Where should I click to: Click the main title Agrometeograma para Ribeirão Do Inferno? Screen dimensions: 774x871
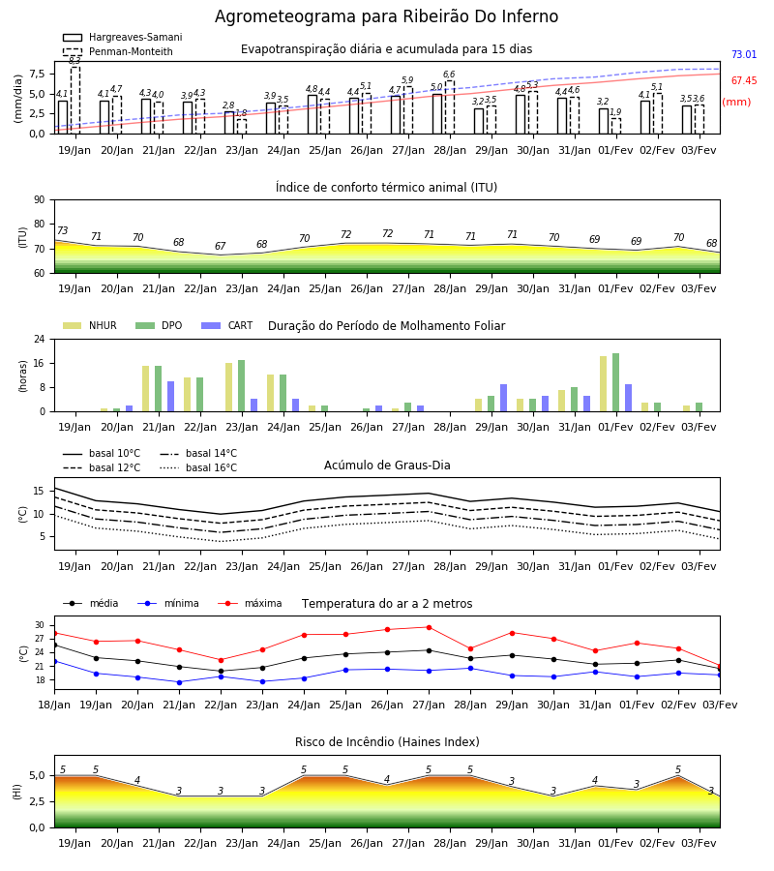(386, 16)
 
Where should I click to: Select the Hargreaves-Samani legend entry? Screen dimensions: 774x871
(123, 37)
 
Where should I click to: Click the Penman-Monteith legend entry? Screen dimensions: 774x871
(118, 51)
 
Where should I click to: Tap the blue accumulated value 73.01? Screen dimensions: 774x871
(744, 54)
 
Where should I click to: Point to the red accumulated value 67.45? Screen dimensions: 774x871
(744, 80)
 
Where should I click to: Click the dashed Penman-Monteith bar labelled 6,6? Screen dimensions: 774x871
(450, 107)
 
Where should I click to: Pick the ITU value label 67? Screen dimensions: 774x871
(221, 246)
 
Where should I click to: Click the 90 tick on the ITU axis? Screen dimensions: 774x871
(40, 200)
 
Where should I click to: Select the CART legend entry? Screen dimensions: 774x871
(227, 325)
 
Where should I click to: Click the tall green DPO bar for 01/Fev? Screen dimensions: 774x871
(615, 382)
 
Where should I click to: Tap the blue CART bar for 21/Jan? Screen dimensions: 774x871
(170, 397)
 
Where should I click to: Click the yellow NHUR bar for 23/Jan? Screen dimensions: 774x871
(228, 387)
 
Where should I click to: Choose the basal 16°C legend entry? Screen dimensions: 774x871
(198, 467)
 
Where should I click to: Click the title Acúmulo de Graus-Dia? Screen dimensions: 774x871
(387, 466)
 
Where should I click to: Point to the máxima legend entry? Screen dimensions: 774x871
(250, 603)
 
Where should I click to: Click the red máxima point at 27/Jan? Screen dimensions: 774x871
(430, 628)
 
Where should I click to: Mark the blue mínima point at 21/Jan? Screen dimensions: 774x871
(179, 682)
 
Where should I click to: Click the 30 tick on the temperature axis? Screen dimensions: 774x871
(40, 625)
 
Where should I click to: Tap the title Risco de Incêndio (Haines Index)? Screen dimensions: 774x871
(387, 742)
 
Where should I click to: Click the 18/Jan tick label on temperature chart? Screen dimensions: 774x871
(54, 705)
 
